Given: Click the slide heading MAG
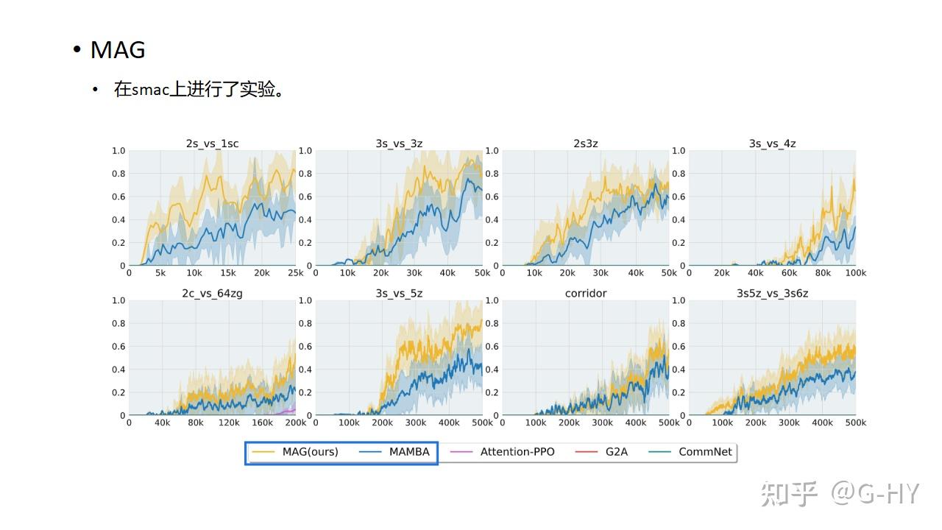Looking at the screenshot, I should click(118, 50).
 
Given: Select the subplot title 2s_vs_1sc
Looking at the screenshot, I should click(212, 144).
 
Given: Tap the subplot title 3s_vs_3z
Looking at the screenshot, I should click(399, 144).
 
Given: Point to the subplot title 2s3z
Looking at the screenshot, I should click(586, 144).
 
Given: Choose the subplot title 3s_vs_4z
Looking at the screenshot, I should click(772, 144).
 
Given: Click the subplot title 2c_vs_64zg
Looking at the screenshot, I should click(212, 293).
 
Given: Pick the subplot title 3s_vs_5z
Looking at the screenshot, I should click(399, 293).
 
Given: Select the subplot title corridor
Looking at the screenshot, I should click(586, 293).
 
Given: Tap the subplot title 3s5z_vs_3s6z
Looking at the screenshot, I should click(772, 293).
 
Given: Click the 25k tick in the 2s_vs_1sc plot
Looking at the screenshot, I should click(295, 273).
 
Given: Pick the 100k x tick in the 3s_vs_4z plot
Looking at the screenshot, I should click(855, 273).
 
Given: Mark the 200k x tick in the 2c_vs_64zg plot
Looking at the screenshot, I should click(295, 423).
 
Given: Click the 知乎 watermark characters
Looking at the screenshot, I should click(790, 493).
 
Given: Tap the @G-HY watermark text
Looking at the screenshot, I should click(876, 493).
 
